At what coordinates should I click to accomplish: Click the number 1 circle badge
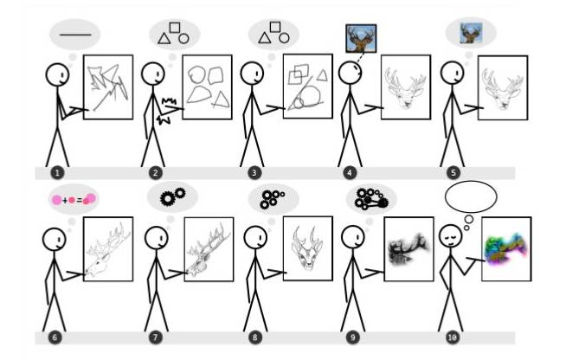(x=57, y=173)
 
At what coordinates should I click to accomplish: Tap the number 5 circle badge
(x=454, y=173)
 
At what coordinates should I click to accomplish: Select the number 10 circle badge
(x=453, y=337)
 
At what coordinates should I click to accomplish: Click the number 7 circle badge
(x=155, y=337)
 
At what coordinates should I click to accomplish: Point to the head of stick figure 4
(x=350, y=73)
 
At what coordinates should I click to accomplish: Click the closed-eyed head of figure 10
(x=451, y=236)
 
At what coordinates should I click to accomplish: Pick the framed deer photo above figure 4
(x=361, y=38)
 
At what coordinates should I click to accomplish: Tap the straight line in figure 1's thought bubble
(x=75, y=35)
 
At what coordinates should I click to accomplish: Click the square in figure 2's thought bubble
(x=175, y=28)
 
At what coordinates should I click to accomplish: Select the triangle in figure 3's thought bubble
(x=264, y=39)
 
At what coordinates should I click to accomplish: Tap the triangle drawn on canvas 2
(x=221, y=100)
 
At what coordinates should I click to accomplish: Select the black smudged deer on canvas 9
(x=409, y=249)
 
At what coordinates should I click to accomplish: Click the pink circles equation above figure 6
(x=74, y=200)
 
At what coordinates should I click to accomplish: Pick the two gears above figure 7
(x=172, y=196)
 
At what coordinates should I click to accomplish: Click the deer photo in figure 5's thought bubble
(x=471, y=33)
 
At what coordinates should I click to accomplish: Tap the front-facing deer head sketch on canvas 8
(x=307, y=248)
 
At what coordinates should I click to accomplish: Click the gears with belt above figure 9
(x=371, y=199)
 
